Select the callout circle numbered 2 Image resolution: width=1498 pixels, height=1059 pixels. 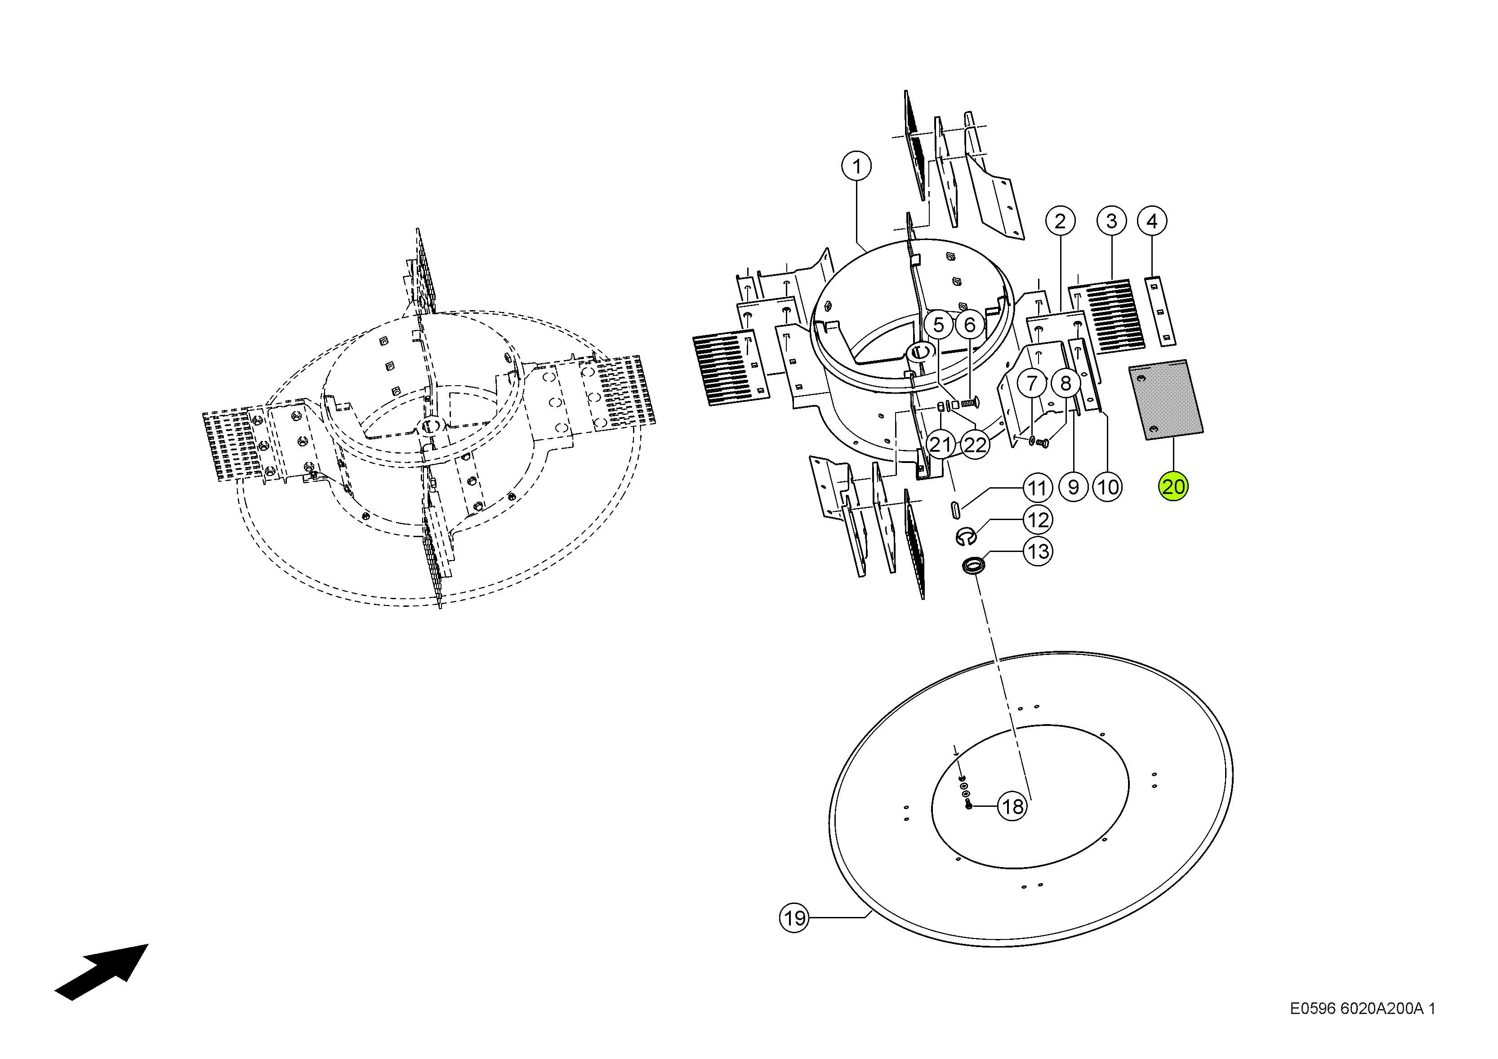pos(1060,221)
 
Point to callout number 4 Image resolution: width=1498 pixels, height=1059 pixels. pos(1152,221)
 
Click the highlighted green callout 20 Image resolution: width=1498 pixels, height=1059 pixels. pos(1173,487)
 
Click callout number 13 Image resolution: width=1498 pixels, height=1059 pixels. pos(1038,552)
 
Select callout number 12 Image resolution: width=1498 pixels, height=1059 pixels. pos(1038,520)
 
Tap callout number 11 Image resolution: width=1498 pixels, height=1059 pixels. pos(1037,488)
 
